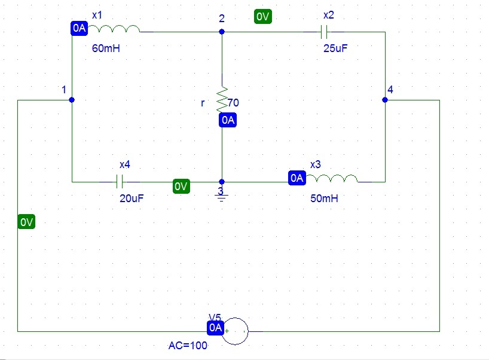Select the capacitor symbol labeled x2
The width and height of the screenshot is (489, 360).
[325, 32]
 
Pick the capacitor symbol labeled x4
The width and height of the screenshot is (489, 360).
[120, 181]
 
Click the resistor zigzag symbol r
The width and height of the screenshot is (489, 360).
[222, 97]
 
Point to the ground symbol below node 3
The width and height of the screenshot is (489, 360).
[222, 196]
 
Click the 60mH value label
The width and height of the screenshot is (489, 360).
[106, 49]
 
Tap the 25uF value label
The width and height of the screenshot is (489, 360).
[335, 49]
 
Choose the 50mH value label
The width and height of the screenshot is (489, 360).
[324, 198]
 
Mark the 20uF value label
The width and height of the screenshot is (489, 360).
[132, 198]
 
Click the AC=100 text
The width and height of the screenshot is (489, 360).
[189, 346]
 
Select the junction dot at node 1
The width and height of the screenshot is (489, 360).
[72, 100]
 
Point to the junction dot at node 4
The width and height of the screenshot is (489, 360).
[385, 100]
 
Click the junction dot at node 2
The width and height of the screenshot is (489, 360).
[222, 32]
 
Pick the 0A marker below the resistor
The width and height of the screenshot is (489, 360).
[228, 120]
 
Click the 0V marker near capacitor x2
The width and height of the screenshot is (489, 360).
[262, 17]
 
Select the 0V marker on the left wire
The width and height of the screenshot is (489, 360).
[26, 222]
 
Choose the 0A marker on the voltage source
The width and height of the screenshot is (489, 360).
[215, 328]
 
